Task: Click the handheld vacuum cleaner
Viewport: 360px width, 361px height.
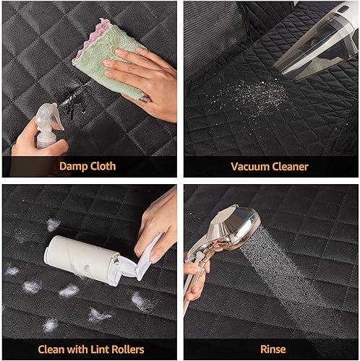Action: (318, 43)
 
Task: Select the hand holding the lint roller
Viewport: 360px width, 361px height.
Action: (155, 224)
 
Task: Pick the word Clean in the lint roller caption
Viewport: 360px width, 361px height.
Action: (52, 349)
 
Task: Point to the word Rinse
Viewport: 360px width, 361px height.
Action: (272, 349)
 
